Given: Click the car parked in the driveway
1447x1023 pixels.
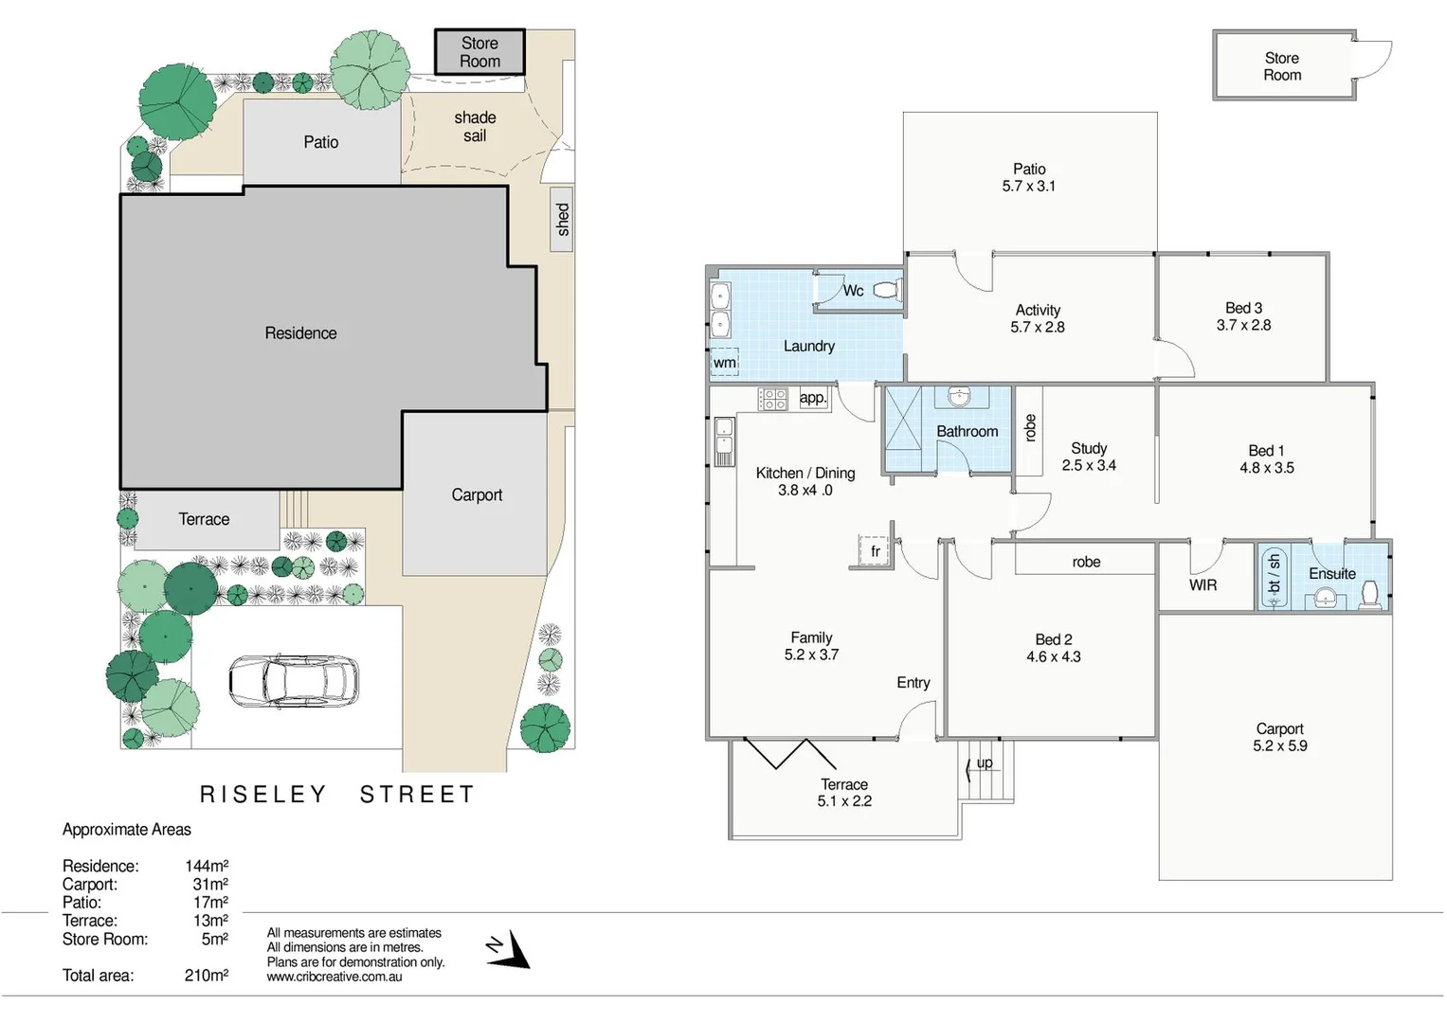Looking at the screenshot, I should (x=293, y=681).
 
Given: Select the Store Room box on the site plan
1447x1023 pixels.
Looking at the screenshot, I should (x=479, y=52).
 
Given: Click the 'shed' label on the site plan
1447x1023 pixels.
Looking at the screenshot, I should (x=562, y=219).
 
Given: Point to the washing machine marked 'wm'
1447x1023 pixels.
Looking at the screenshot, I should (x=724, y=362).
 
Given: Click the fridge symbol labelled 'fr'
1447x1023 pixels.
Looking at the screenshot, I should (x=876, y=550).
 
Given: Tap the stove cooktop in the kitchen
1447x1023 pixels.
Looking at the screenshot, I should (x=772, y=399).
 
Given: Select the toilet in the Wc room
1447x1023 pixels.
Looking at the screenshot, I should (x=886, y=290).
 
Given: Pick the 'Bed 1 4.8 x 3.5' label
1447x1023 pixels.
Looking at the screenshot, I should (x=1266, y=459).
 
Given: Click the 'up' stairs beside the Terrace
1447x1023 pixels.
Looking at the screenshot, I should (x=986, y=769).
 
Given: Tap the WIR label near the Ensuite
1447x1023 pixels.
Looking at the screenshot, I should (x=1203, y=585).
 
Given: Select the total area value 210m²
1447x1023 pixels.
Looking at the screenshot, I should (x=206, y=976).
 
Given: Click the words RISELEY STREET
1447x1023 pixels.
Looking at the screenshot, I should (x=337, y=795).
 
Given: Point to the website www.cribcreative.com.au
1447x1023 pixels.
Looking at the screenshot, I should (x=334, y=977).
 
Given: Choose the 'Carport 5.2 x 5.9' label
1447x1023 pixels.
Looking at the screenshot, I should (x=1279, y=737).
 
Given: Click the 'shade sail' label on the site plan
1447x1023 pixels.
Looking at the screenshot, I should (x=475, y=127).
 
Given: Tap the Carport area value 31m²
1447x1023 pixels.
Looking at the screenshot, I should (x=209, y=885).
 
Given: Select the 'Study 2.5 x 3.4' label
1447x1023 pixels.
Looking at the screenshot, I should (x=1089, y=457).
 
